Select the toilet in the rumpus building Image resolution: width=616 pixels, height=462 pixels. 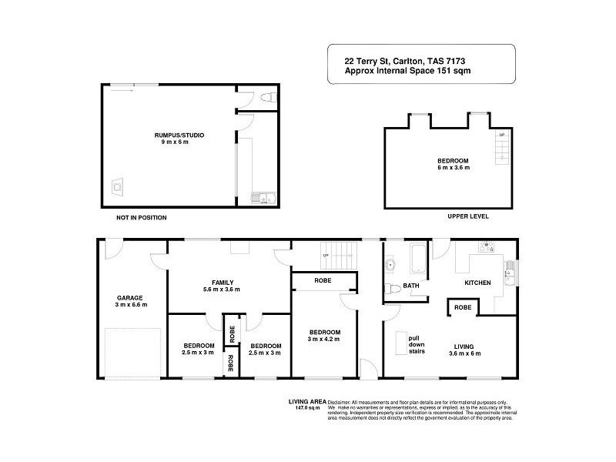pyautogui.click(x=267, y=98)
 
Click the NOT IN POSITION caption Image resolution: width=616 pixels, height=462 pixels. pyautogui.click(x=141, y=218)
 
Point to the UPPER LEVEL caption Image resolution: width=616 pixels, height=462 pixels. pyautogui.click(x=468, y=216)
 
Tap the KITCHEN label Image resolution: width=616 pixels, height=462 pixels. pyautogui.click(x=477, y=283)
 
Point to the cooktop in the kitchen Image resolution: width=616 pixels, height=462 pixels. pyautogui.click(x=487, y=248)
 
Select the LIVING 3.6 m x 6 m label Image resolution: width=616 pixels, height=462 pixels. pyautogui.click(x=464, y=349)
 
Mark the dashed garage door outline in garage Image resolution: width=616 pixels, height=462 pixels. pyautogui.click(x=132, y=352)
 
